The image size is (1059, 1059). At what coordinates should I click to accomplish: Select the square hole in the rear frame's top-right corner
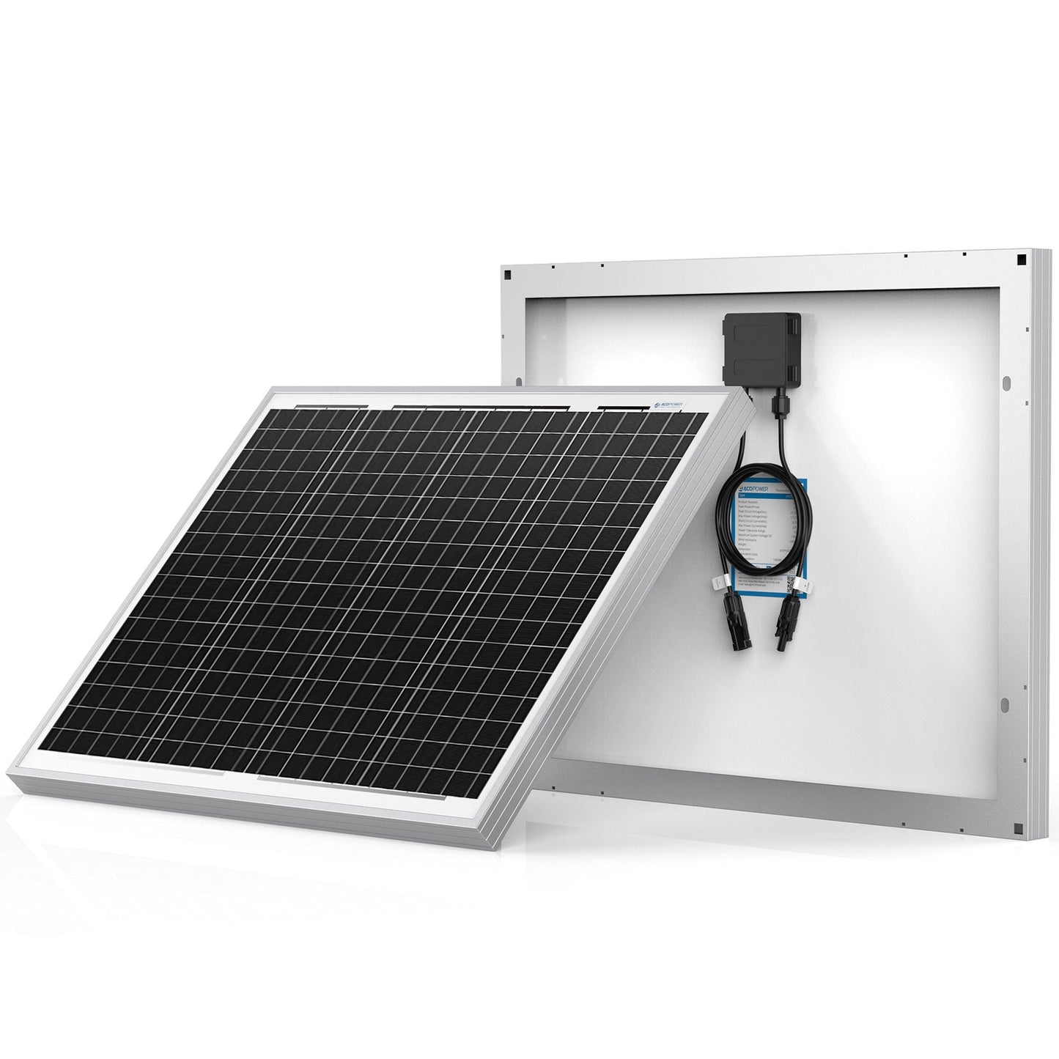tap(1019, 279)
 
